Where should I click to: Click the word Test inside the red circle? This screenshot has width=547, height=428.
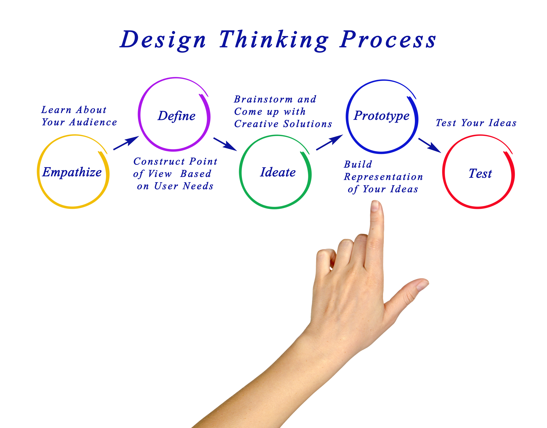coord(480,173)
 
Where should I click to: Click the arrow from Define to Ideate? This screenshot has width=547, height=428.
coord(225,144)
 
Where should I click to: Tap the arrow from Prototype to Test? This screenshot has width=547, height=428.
coord(430,145)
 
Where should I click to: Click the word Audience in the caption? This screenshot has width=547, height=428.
coord(93,122)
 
